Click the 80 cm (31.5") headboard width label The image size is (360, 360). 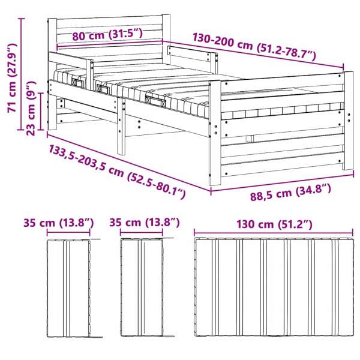107,35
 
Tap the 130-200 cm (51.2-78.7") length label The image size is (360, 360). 254,47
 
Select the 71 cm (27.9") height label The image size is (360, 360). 12,77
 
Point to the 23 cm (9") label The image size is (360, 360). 31,108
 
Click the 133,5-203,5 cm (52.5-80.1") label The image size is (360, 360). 117,171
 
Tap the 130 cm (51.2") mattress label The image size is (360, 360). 274,224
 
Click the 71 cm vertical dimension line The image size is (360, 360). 22,74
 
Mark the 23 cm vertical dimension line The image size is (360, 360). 41,112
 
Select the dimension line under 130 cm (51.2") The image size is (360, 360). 274,233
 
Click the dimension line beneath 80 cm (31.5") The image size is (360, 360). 110,44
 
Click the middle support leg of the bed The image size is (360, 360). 121,126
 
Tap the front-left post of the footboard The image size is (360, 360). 215,133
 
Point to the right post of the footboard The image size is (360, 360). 348,121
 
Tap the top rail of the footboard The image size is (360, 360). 282,85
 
